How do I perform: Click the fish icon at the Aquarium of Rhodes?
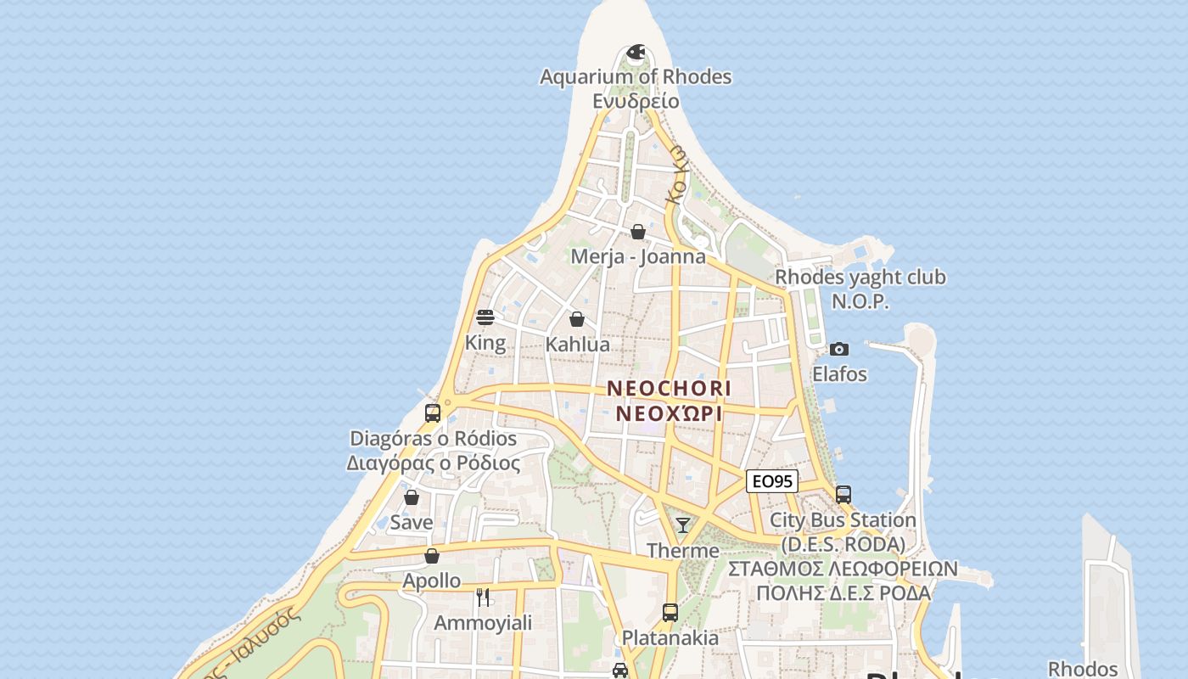pyautogui.click(x=636, y=53)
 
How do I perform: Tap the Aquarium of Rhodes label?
pyautogui.click(x=636, y=77)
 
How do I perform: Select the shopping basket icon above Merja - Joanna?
pyautogui.click(x=638, y=232)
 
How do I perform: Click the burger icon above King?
pyautogui.click(x=485, y=317)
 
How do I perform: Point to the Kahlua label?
pyautogui.click(x=577, y=345)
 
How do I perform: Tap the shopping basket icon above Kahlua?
pyautogui.click(x=577, y=320)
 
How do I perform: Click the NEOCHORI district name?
pyautogui.click(x=669, y=389)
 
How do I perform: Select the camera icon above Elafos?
pyautogui.click(x=839, y=349)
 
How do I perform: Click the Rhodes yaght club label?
pyautogui.click(x=860, y=278)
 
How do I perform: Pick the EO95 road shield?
pyautogui.click(x=772, y=481)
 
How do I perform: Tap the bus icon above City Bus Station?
pyautogui.click(x=843, y=495)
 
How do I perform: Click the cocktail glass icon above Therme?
pyautogui.click(x=683, y=525)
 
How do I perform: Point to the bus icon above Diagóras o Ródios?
pyautogui.click(x=433, y=413)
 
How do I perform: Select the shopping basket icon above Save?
pyautogui.click(x=412, y=497)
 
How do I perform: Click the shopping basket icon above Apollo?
pyautogui.click(x=432, y=556)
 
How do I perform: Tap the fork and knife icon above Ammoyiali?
pyautogui.click(x=483, y=598)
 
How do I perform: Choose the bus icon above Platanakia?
pyautogui.click(x=670, y=612)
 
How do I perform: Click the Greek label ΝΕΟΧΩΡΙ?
pyautogui.click(x=669, y=413)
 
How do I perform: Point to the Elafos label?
pyautogui.click(x=839, y=373)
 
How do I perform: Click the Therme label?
pyautogui.click(x=683, y=551)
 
